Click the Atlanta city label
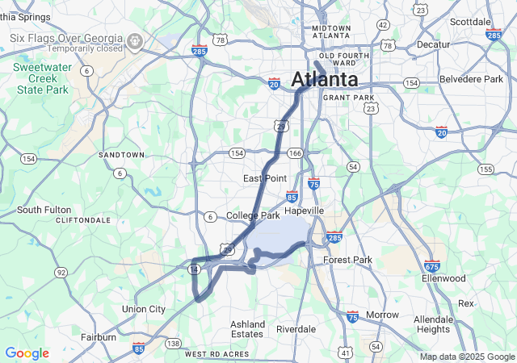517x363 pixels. [x=324, y=80]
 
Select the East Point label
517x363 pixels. [x=265, y=177]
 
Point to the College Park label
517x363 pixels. [x=253, y=215]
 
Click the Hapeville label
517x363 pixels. [x=304, y=210]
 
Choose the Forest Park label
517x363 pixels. [x=347, y=260]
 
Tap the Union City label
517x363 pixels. [x=143, y=309]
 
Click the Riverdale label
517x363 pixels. [x=296, y=329]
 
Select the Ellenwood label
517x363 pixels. [x=443, y=278]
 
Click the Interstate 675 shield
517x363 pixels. [x=432, y=265]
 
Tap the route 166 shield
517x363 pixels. [x=296, y=153]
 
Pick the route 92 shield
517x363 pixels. [x=61, y=273]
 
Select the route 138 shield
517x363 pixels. [x=173, y=344]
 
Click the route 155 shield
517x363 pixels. [x=485, y=169]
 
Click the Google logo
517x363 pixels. [x=27, y=353]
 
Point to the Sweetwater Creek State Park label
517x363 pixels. [x=49, y=79]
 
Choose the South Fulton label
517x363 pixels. [x=44, y=210]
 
